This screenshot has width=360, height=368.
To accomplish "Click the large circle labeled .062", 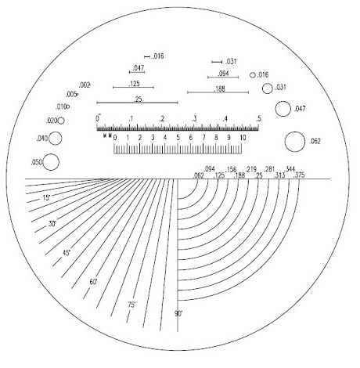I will (x=295, y=142).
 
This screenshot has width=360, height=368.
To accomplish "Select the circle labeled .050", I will (x=52, y=162).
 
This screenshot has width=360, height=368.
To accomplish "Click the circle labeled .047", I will (x=282, y=109).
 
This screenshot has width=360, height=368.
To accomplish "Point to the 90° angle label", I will (x=178, y=313).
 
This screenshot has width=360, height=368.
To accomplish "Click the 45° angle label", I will (x=67, y=252).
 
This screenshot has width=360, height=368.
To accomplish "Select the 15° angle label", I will (x=46, y=199).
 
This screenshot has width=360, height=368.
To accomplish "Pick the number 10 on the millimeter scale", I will (x=243, y=137).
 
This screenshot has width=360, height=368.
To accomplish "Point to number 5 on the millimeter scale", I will (x=178, y=137).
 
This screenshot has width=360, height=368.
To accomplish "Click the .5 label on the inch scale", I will (x=257, y=118).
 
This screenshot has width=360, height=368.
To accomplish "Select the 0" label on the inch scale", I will (x=98, y=118).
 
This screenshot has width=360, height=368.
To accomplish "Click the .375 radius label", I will (x=298, y=175).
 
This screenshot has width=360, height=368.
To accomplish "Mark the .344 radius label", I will (x=290, y=169).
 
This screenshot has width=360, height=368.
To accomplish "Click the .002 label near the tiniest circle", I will (x=85, y=85).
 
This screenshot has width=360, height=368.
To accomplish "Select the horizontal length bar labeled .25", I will (x=137, y=103).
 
